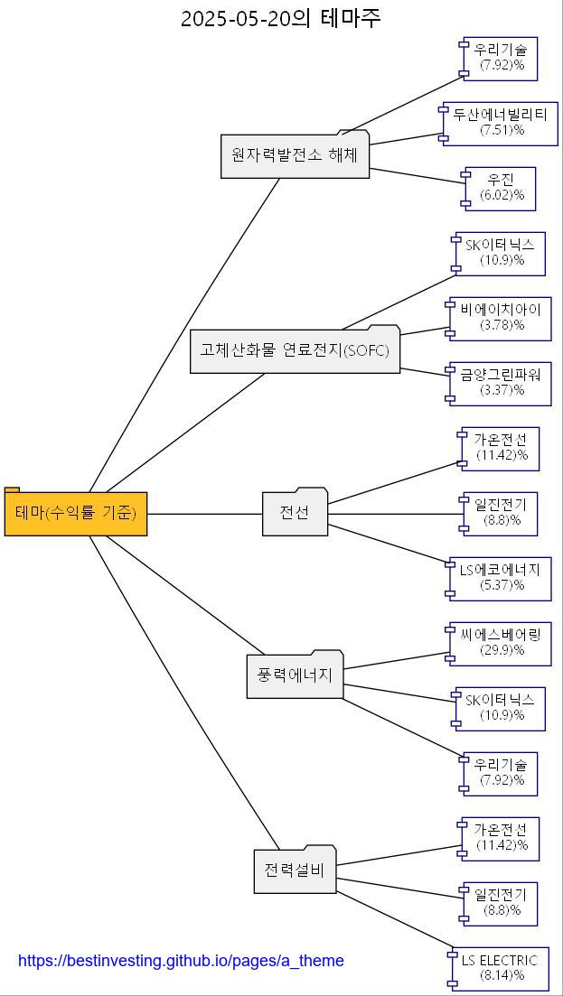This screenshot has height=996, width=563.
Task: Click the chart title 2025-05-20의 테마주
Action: [280, 18]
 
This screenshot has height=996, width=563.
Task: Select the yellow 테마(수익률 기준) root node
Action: [76, 513]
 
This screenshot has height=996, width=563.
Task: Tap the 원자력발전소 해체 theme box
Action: [295, 155]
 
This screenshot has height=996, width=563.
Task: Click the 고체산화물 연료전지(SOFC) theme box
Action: [295, 350]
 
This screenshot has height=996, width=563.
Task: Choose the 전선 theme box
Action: [295, 513]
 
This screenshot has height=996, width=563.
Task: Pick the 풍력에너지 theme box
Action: [295, 675]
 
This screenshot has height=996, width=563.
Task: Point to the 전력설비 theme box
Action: [295, 870]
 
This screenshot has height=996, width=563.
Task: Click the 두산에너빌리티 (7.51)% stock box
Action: [500, 123]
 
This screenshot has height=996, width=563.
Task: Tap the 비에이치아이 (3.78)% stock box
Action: [500, 318]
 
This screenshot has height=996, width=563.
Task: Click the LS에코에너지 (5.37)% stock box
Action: [500, 578]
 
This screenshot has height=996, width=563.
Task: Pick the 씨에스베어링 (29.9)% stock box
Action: [500, 643]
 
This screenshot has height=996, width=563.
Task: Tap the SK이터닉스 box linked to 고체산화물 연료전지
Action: [500, 253]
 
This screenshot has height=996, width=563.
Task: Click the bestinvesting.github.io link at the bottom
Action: [181, 961]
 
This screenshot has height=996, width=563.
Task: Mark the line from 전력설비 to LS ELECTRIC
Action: [394, 923]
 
